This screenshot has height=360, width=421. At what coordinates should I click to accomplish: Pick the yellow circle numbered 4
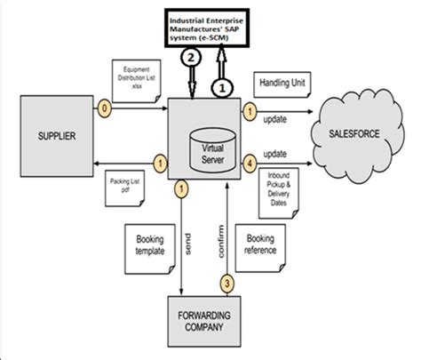[251, 164]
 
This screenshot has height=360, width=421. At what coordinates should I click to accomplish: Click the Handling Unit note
[282, 83]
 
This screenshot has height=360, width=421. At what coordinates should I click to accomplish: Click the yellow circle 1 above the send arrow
[180, 188]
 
